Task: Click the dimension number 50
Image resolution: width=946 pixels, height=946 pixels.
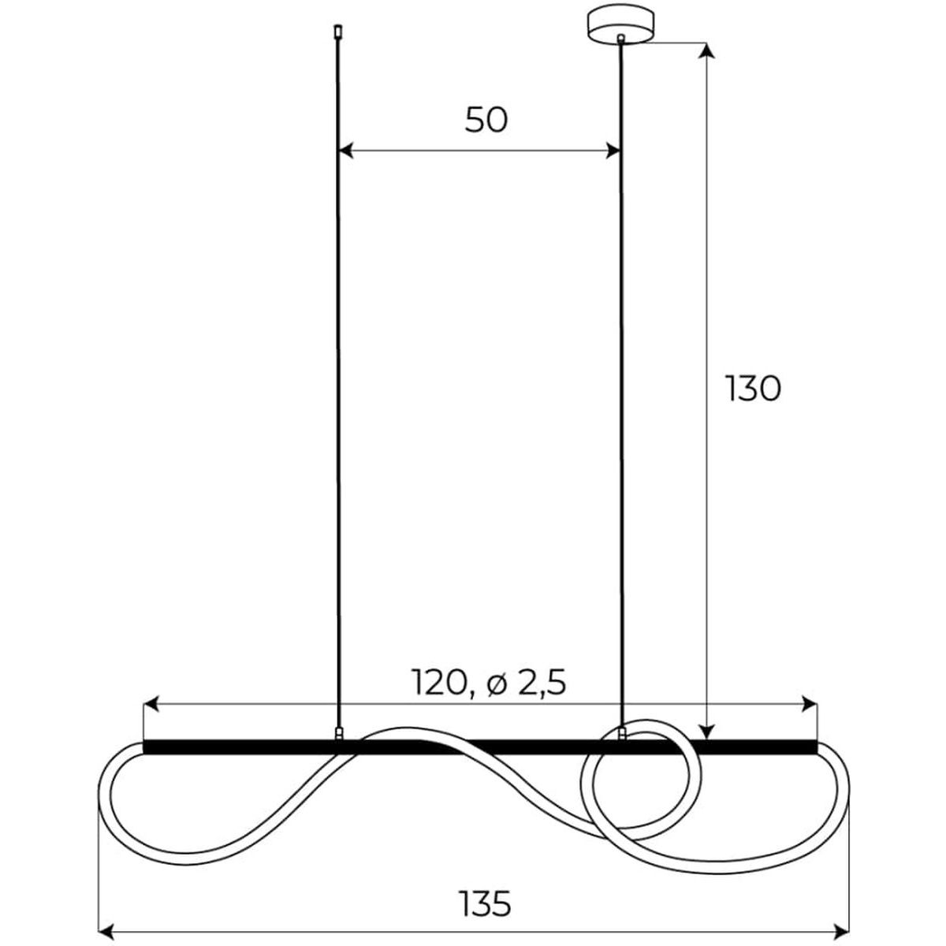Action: coord(486,121)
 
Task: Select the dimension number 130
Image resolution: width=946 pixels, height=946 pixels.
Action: coord(753,389)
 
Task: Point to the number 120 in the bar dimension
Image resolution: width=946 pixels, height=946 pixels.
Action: coord(438,683)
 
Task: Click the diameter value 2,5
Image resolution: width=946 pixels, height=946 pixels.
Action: coord(542,683)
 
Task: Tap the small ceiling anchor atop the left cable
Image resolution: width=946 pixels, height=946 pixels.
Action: coord(337,31)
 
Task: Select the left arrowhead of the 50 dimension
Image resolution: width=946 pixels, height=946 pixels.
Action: coord(346,151)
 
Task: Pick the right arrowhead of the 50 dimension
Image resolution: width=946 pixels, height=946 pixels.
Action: coord(613,151)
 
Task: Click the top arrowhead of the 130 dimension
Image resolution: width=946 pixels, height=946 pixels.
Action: coord(706,50)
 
